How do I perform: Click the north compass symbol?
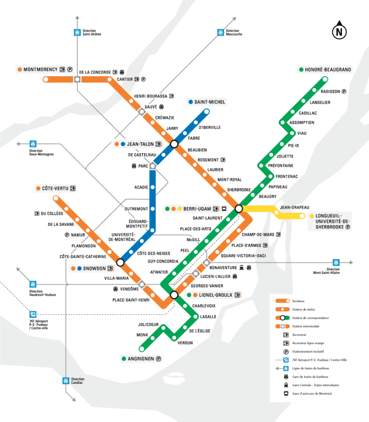(x=339, y=31)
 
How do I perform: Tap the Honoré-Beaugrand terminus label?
(x=328, y=70)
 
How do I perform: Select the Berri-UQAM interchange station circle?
(x=239, y=209)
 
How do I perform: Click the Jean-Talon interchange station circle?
(x=174, y=144)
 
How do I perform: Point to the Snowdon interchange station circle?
(x=120, y=262)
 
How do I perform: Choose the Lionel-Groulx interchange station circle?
(x=174, y=295)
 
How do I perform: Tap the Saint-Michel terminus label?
(x=210, y=102)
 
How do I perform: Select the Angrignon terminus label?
(x=138, y=359)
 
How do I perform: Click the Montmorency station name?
(x=40, y=70)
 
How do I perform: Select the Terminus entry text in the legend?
(x=299, y=301)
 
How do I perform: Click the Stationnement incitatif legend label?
(x=310, y=351)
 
